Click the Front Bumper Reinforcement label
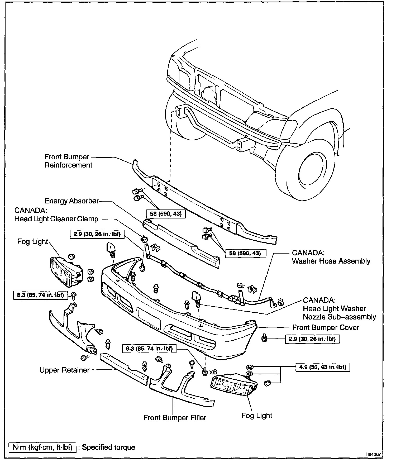(68, 161)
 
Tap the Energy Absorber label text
(71, 201)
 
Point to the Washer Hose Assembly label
(331, 257)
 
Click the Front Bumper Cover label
(326, 327)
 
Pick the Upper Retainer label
(64, 370)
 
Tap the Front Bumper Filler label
(175, 418)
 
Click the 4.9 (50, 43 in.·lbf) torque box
(323, 367)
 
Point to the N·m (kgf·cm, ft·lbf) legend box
(42, 447)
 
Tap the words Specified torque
(108, 447)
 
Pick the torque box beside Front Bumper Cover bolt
(312, 339)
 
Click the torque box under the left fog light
(40, 295)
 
